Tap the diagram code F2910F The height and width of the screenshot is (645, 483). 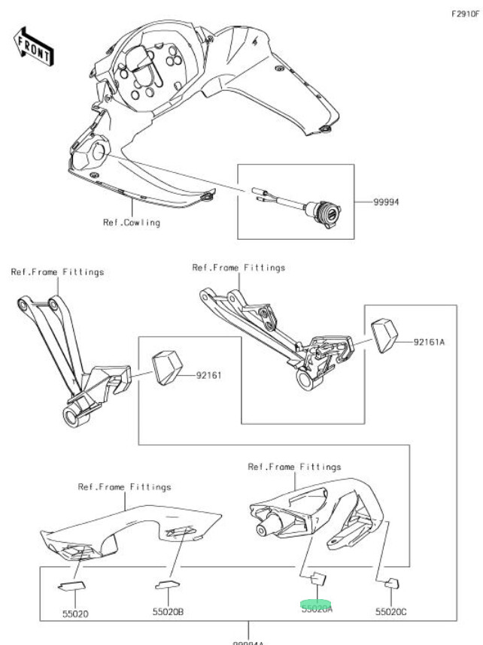(466, 14)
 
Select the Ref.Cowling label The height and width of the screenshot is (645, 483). (132, 223)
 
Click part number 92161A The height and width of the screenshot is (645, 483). (430, 342)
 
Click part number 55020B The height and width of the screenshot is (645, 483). (169, 612)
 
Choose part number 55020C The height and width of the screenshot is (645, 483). (391, 613)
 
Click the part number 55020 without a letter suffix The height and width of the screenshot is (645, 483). (75, 613)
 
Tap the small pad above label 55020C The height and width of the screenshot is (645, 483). (390, 583)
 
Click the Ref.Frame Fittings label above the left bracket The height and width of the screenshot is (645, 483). (57, 272)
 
